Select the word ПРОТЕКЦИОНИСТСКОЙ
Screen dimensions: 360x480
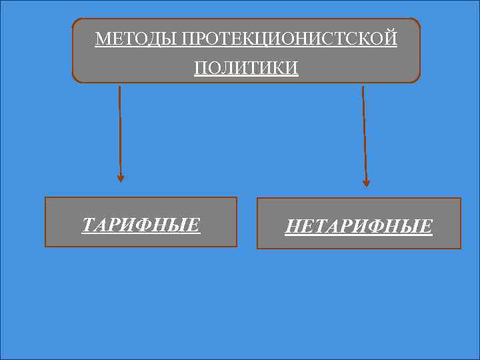click(x=289, y=39)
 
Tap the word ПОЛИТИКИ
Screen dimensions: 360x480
click(x=247, y=68)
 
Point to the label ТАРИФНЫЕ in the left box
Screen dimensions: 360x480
click(x=141, y=225)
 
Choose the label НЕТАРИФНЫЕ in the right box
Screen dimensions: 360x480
click(x=359, y=227)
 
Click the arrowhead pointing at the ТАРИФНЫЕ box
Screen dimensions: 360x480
click(x=121, y=178)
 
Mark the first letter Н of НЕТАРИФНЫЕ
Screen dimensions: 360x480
click(x=292, y=227)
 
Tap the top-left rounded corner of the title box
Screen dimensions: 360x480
click(x=75, y=21)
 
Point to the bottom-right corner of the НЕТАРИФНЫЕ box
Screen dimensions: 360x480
click(x=460, y=248)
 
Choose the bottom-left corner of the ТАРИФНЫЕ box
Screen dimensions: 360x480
click(x=45, y=246)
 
